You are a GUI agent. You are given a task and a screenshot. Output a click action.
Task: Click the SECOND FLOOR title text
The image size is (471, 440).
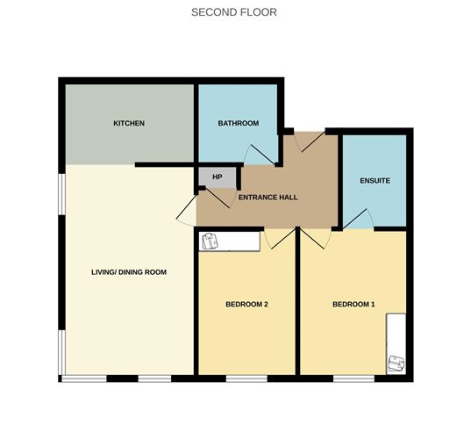pos(234,12)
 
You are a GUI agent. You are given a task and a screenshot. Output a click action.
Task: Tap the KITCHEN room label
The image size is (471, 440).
pos(129,123)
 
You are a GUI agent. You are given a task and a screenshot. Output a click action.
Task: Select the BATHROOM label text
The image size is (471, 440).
pos(238,123)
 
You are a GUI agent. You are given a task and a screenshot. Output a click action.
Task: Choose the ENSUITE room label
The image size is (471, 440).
pos(375,181)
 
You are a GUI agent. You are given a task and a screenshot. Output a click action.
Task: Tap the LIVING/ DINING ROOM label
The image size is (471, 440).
pos(129,272)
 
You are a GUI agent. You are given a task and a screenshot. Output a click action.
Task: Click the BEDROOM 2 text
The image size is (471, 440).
pos(246,305)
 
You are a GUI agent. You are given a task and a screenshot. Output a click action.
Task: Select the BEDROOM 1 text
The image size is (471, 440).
pos(353,305)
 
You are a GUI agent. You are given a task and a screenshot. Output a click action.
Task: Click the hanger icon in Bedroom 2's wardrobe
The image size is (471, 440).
pos(210,240)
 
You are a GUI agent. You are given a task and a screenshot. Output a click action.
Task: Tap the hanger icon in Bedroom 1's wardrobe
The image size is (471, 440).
pos(396,361)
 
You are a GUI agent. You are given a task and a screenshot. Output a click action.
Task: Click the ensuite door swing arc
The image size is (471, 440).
pos(359,220)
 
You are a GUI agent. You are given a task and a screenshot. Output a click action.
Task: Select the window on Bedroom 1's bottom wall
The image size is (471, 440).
pos(353,379)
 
